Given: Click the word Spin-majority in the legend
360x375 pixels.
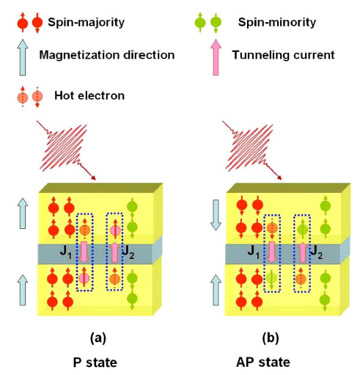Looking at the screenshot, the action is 86,22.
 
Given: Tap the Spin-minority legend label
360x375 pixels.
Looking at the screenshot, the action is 277,22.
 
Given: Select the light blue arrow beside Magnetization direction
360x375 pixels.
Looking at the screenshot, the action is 23,57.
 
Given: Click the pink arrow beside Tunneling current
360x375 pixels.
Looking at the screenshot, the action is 216,57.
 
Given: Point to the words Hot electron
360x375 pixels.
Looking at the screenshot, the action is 89,95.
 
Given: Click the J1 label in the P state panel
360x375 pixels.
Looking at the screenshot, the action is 66,252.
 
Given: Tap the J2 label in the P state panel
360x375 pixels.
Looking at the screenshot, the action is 128,252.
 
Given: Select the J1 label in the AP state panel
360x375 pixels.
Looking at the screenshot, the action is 254,252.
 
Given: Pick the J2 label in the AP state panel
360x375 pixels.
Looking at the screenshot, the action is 316,252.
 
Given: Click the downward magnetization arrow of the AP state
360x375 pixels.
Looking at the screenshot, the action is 216,215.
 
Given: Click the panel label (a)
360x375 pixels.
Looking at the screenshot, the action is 98,338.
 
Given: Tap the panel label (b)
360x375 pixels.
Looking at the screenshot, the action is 271,338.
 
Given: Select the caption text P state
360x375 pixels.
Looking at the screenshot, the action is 95,363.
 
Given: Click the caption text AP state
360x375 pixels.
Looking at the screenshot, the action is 263,363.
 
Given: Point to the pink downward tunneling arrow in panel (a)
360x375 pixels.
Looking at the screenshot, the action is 84,252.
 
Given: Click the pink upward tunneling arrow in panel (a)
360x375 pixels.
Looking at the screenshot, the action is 114,252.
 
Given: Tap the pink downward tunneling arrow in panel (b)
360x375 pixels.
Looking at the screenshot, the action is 271,252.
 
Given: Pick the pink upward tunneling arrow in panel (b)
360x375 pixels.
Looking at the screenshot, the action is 303,252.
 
